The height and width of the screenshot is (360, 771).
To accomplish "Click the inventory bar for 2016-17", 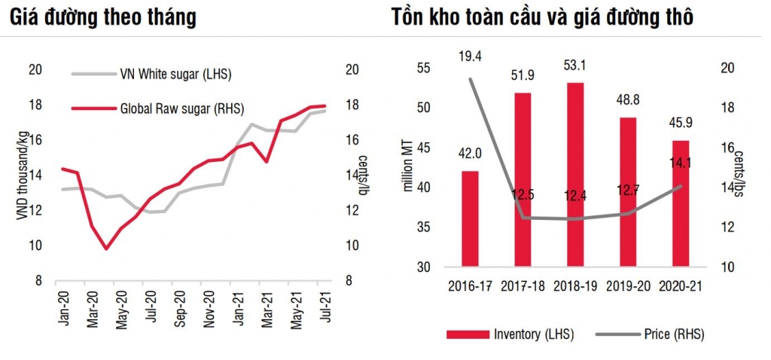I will tap(470, 218).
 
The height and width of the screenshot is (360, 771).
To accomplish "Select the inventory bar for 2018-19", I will tap(574, 174).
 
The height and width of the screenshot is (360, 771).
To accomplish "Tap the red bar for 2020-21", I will tap(680, 203).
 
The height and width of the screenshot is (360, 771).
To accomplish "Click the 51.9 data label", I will tap(522, 76).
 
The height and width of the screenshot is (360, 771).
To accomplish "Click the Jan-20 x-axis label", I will tap(63, 306).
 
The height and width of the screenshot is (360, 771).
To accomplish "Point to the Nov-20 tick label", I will tap(208, 306).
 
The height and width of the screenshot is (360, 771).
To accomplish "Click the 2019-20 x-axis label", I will tap(628, 286).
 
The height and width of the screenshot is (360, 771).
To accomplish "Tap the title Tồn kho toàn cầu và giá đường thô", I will tap(542, 17).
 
